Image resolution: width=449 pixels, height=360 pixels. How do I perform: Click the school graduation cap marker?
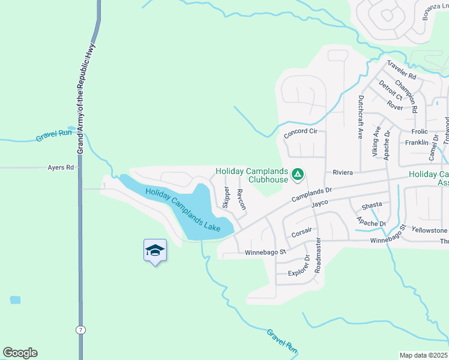coord(155,251)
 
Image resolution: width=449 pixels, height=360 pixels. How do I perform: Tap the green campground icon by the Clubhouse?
coord(297,175)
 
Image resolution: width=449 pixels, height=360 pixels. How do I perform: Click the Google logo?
coord(20,353)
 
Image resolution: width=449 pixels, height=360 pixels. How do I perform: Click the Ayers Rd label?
coord(61,168)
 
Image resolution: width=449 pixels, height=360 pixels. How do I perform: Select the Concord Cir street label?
coord(300,131)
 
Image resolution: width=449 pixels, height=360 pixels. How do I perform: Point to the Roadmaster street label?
coord(318,254)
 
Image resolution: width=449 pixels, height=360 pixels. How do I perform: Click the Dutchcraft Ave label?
coord(361,116)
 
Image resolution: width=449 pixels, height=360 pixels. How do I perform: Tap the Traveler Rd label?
coord(402,70)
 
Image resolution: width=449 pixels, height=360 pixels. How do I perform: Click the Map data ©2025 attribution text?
coord(424,355)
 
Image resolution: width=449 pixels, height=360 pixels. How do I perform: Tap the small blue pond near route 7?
coord(15,299)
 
